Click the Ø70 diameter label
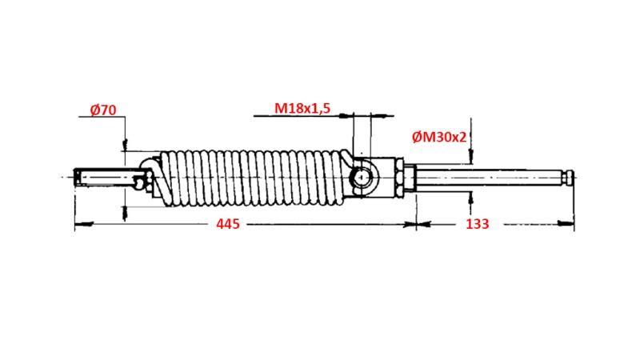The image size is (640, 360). click(105, 110)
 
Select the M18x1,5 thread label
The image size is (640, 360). click(302, 107)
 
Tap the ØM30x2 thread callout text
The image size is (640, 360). click(439, 137)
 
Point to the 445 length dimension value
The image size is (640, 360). click(228, 224)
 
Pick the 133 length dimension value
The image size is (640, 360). click(477, 224)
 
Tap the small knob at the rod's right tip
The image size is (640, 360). click(570, 176)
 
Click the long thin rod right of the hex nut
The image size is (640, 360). click(488, 176)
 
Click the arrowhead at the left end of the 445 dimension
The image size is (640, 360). click(77, 225)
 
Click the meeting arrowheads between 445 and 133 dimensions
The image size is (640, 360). click(416, 225)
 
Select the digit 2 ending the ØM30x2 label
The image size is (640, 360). click(462, 137)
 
